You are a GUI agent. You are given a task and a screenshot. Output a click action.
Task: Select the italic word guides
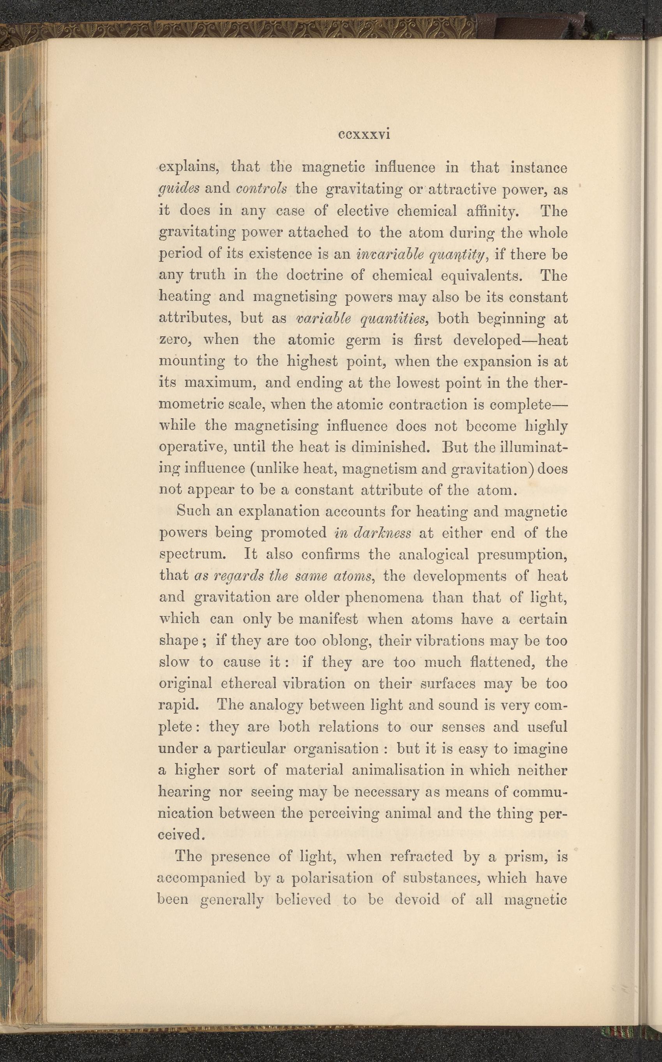pos(179,189)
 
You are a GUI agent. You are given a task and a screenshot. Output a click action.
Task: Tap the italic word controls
pos(261,189)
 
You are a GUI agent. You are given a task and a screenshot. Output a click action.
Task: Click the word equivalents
pos(482,275)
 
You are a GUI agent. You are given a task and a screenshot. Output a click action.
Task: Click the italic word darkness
pos(382,533)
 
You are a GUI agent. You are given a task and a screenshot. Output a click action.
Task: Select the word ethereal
pos(248,683)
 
